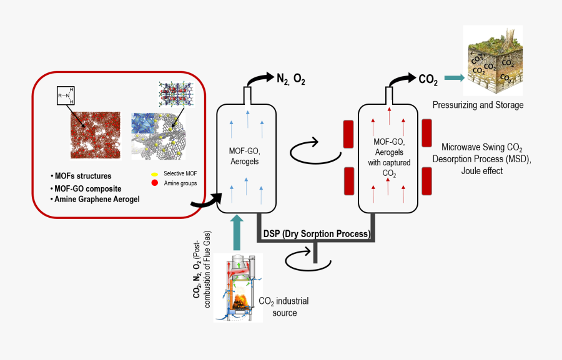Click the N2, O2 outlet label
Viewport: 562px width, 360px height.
tap(291, 79)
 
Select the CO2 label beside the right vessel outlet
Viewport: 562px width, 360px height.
tap(428, 79)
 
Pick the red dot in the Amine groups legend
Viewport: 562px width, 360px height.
tap(154, 182)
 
